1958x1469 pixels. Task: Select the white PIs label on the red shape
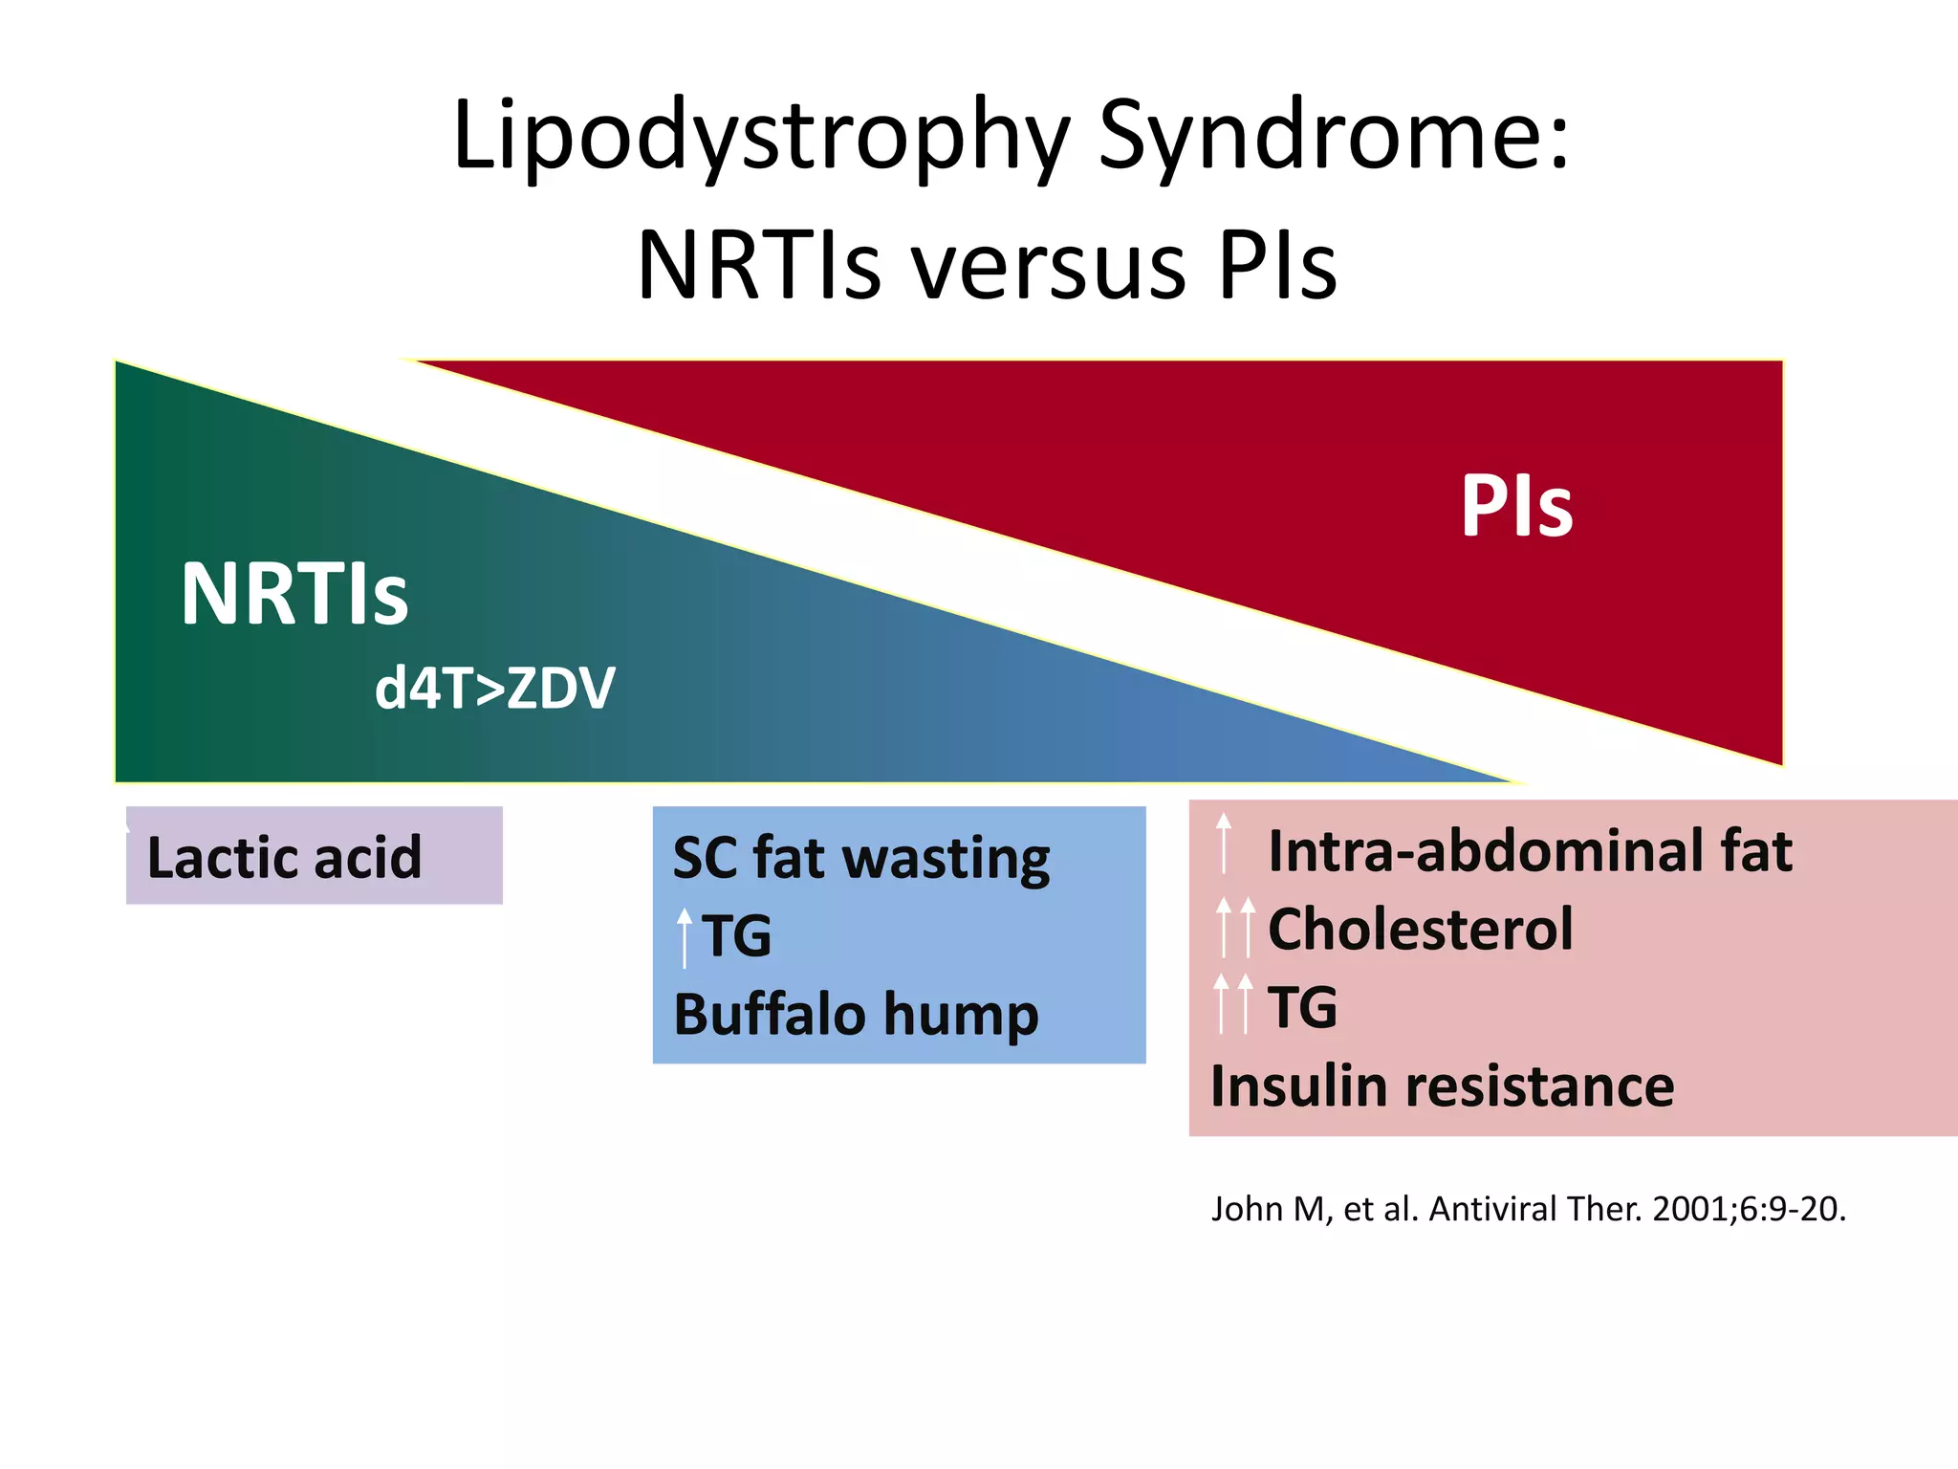tap(1516, 507)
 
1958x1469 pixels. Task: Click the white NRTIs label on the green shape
tap(294, 595)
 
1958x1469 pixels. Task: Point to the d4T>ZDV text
tap(494, 689)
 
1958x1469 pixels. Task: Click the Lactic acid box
tap(314, 856)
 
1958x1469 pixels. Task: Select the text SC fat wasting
tap(860, 858)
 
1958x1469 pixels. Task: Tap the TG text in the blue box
tap(736, 935)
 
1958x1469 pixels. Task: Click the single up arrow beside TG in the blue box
tap(684, 936)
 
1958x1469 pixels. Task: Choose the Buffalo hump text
tap(856, 1015)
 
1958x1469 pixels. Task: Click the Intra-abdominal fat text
tap(1530, 851)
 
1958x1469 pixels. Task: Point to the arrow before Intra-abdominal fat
tap(1224, 843)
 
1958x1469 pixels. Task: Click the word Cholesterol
tap(1420, 930)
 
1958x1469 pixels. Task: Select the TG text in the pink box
tap(1302, 1008)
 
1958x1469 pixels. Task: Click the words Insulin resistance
tap(1442, 1087)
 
